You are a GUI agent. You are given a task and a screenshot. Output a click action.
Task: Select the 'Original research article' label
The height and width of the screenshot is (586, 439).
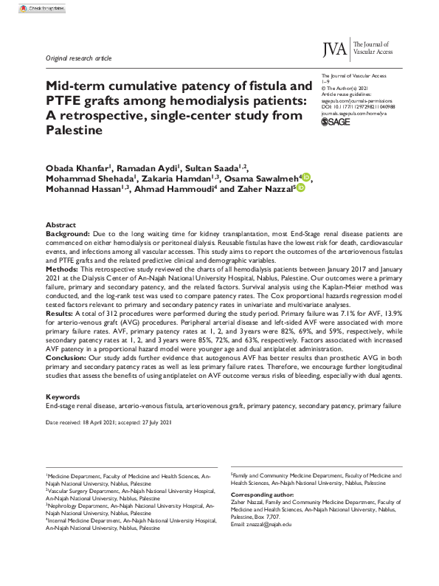click(78, 57)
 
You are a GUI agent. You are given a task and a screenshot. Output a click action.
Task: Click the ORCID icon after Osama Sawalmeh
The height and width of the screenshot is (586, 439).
click(306, 177)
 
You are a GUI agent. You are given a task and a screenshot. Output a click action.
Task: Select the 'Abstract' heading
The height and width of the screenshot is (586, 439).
click(61, 224)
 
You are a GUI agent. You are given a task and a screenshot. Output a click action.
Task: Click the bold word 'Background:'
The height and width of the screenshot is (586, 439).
click(68, 232)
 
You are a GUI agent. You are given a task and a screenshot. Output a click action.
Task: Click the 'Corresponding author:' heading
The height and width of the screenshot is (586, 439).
click(263, 494)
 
